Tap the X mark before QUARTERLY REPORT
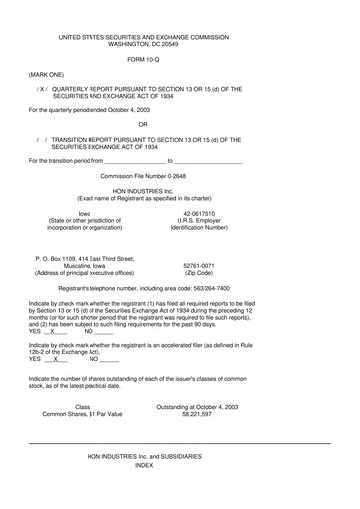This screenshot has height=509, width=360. click(41, 89)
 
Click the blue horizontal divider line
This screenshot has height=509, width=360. click(179, 442)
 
